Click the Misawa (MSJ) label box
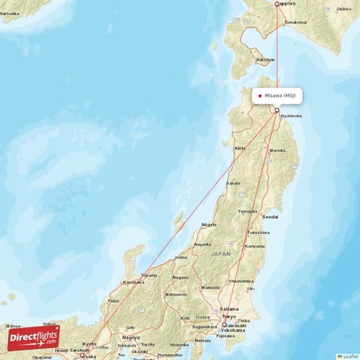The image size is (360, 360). [276, 95]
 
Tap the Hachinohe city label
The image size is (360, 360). [292, 115]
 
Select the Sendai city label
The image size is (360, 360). [270, 216]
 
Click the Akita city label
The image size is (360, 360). [238, 148]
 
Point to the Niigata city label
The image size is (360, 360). [209, 225]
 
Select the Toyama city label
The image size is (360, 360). [149, 275]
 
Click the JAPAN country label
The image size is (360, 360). [220, 253]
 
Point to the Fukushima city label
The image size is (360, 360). [258, 233]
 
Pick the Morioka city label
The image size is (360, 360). [277, 150]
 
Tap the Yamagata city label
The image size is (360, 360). [248, 211]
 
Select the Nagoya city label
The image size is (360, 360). [131, 337]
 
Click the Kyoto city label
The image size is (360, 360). [89, 344]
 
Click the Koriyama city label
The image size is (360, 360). [254, 246]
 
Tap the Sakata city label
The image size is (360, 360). [233, 184]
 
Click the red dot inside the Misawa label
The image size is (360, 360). [259, 95]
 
